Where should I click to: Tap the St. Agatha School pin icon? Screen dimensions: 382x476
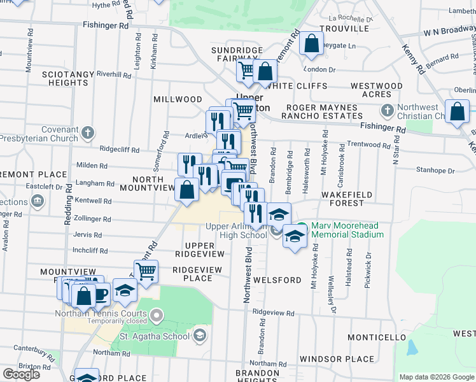click(x=200, y=336)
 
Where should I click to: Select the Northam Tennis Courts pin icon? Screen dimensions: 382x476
click(x=157, y=314)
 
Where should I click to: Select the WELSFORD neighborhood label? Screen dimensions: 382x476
click(x=277, y=280)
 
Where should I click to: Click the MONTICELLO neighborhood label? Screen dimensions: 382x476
click(x=377, y=337)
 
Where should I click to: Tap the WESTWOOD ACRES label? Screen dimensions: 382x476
click(x=377, y=90)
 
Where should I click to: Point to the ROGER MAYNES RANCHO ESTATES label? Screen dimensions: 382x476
click(x=324, y=112)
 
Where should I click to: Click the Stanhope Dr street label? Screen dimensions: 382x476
click(x=435, y=171)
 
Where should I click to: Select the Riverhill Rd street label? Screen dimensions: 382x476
click(x=113, y=74)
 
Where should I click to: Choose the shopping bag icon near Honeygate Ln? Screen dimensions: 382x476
click(x=312, y=45)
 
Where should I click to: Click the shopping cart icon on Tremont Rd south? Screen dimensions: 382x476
click(x=146, y=272)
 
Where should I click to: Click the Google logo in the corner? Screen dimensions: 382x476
click(x=21, y=374)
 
